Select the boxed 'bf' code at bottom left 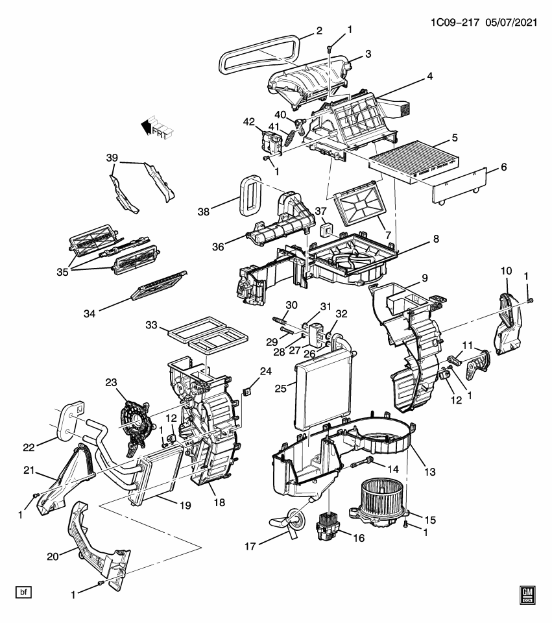[23, 592]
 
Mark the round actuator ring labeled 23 [138, 423]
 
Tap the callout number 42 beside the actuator [249, 121]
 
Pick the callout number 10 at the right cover [507, 270]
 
